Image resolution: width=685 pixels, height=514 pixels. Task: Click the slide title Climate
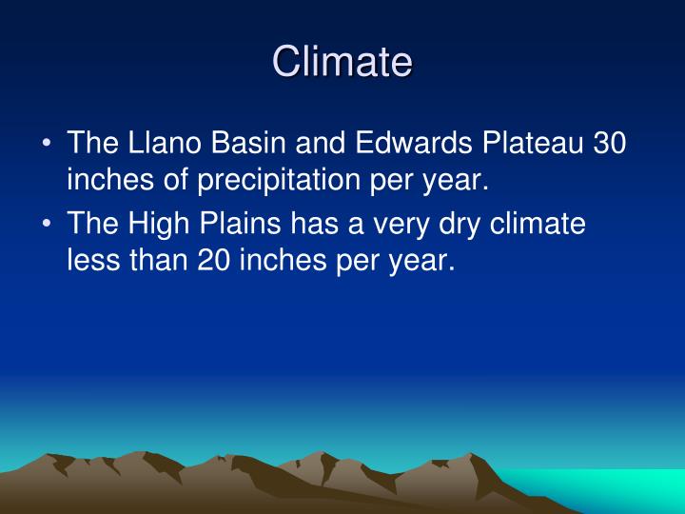(x=342, y=62)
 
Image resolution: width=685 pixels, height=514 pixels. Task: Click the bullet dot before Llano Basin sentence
(x=48, y=145)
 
